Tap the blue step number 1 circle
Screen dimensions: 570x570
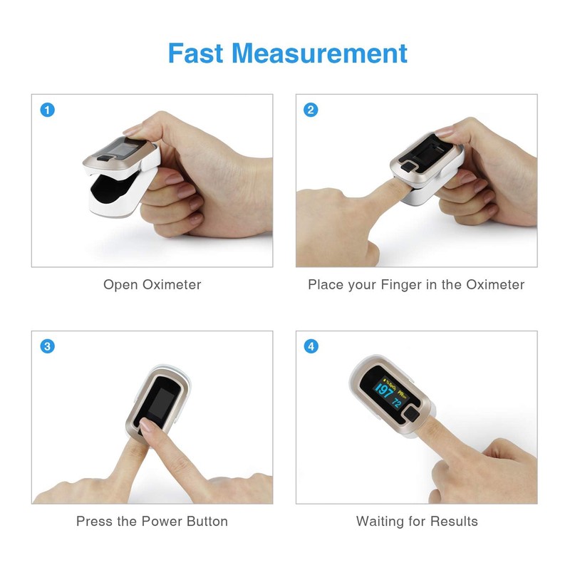coord(47,110)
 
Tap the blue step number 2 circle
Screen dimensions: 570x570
coord(311,110)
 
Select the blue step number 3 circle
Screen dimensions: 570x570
coord(47,347)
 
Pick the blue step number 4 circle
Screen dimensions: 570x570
coord(311,347)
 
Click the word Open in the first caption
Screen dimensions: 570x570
coord(120,285)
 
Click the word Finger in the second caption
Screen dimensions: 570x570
coord(403,285)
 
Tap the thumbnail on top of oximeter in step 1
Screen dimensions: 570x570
coord(135,130)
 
